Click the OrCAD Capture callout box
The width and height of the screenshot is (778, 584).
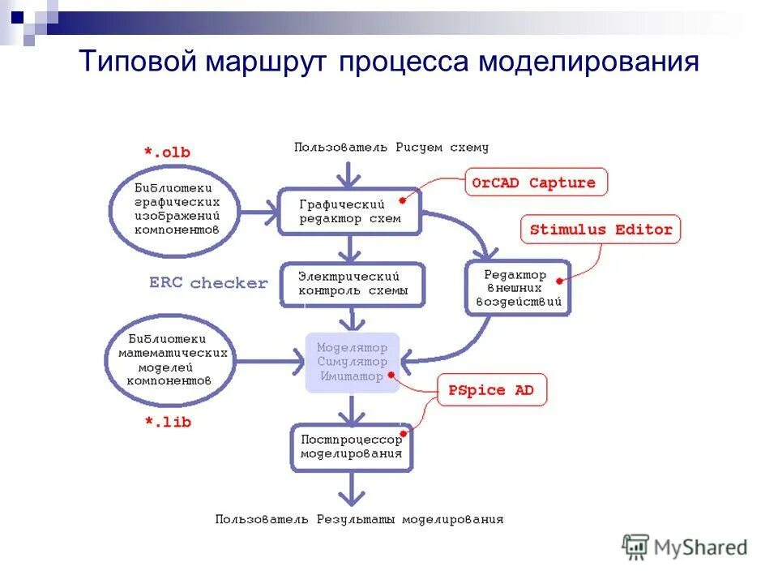click(534, 182)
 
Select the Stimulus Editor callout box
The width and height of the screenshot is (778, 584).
click(601, 230)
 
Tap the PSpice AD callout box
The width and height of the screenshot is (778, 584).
click(491, 390)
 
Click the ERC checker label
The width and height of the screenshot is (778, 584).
click(208, 283)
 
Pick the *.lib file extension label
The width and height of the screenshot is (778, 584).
click(167, 422)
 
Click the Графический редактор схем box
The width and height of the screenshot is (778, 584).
click(350, 212)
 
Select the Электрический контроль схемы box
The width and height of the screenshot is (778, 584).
click(353, 284)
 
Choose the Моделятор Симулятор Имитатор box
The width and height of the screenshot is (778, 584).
click(353, 363)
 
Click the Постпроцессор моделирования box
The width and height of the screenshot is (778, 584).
click(352, 447)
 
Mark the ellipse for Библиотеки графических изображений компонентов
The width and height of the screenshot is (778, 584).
click(176, 208)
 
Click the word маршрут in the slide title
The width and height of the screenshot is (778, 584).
click(267, 62)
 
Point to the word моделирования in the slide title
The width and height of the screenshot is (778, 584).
click(588, 62)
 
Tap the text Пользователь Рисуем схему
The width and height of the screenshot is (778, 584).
click(391, 148)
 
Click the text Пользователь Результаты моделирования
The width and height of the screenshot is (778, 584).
click(359, 519)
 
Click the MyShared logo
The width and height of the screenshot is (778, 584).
click(685, 547)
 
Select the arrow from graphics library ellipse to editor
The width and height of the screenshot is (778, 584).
click(259, 213)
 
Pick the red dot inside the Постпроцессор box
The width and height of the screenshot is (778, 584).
click(403, 434)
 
